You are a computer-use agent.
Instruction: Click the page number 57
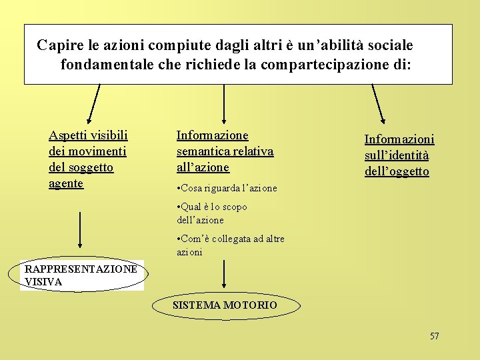point(434,336)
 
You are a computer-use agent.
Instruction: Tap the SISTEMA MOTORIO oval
point(225,305)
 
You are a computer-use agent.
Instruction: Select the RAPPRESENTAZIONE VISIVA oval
point(81,275)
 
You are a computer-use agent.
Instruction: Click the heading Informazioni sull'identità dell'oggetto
point(399,155)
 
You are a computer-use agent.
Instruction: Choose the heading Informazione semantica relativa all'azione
point(225,151)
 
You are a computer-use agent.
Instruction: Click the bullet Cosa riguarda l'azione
point(227,188)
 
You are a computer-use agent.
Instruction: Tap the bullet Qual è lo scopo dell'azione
point(212,213)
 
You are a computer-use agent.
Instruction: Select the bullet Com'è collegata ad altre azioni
point(231,245)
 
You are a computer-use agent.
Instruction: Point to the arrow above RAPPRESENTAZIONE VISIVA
point(80,230)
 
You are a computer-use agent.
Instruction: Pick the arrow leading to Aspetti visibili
point(95,105)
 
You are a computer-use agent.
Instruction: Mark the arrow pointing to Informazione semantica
point(224,103)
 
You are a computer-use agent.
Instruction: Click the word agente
point(66,183)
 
